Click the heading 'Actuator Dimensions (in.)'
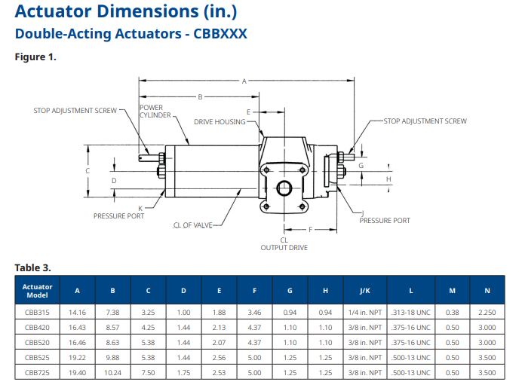127,12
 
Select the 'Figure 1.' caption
35,57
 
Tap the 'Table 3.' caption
32,267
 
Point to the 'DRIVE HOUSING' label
220,121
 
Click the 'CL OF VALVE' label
193,225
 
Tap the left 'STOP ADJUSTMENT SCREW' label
75,110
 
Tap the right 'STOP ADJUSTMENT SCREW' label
425,121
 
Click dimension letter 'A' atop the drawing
244,81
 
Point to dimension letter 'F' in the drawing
309,229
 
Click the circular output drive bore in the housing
284,188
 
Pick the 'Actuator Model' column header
37,290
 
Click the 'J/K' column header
365,290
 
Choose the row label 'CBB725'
37,372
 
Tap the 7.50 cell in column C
148,372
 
